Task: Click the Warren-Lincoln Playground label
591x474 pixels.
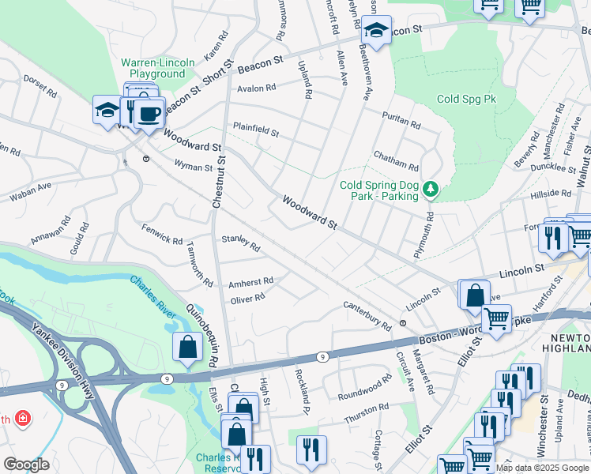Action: pos(152,68)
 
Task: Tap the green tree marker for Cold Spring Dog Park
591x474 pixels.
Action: pos(431,190)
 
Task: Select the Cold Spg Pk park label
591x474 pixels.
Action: pos(466,100)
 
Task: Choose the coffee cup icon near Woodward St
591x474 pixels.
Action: pos(149,114)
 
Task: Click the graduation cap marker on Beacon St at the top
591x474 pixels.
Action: pos(376,31)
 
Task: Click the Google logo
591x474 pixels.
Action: pos(26,465)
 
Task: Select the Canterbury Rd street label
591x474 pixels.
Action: pos(367,315)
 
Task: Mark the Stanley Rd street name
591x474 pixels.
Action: pos(241,242)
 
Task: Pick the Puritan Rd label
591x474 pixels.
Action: pos(400,118)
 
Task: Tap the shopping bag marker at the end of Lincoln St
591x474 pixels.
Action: pos(474,294)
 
